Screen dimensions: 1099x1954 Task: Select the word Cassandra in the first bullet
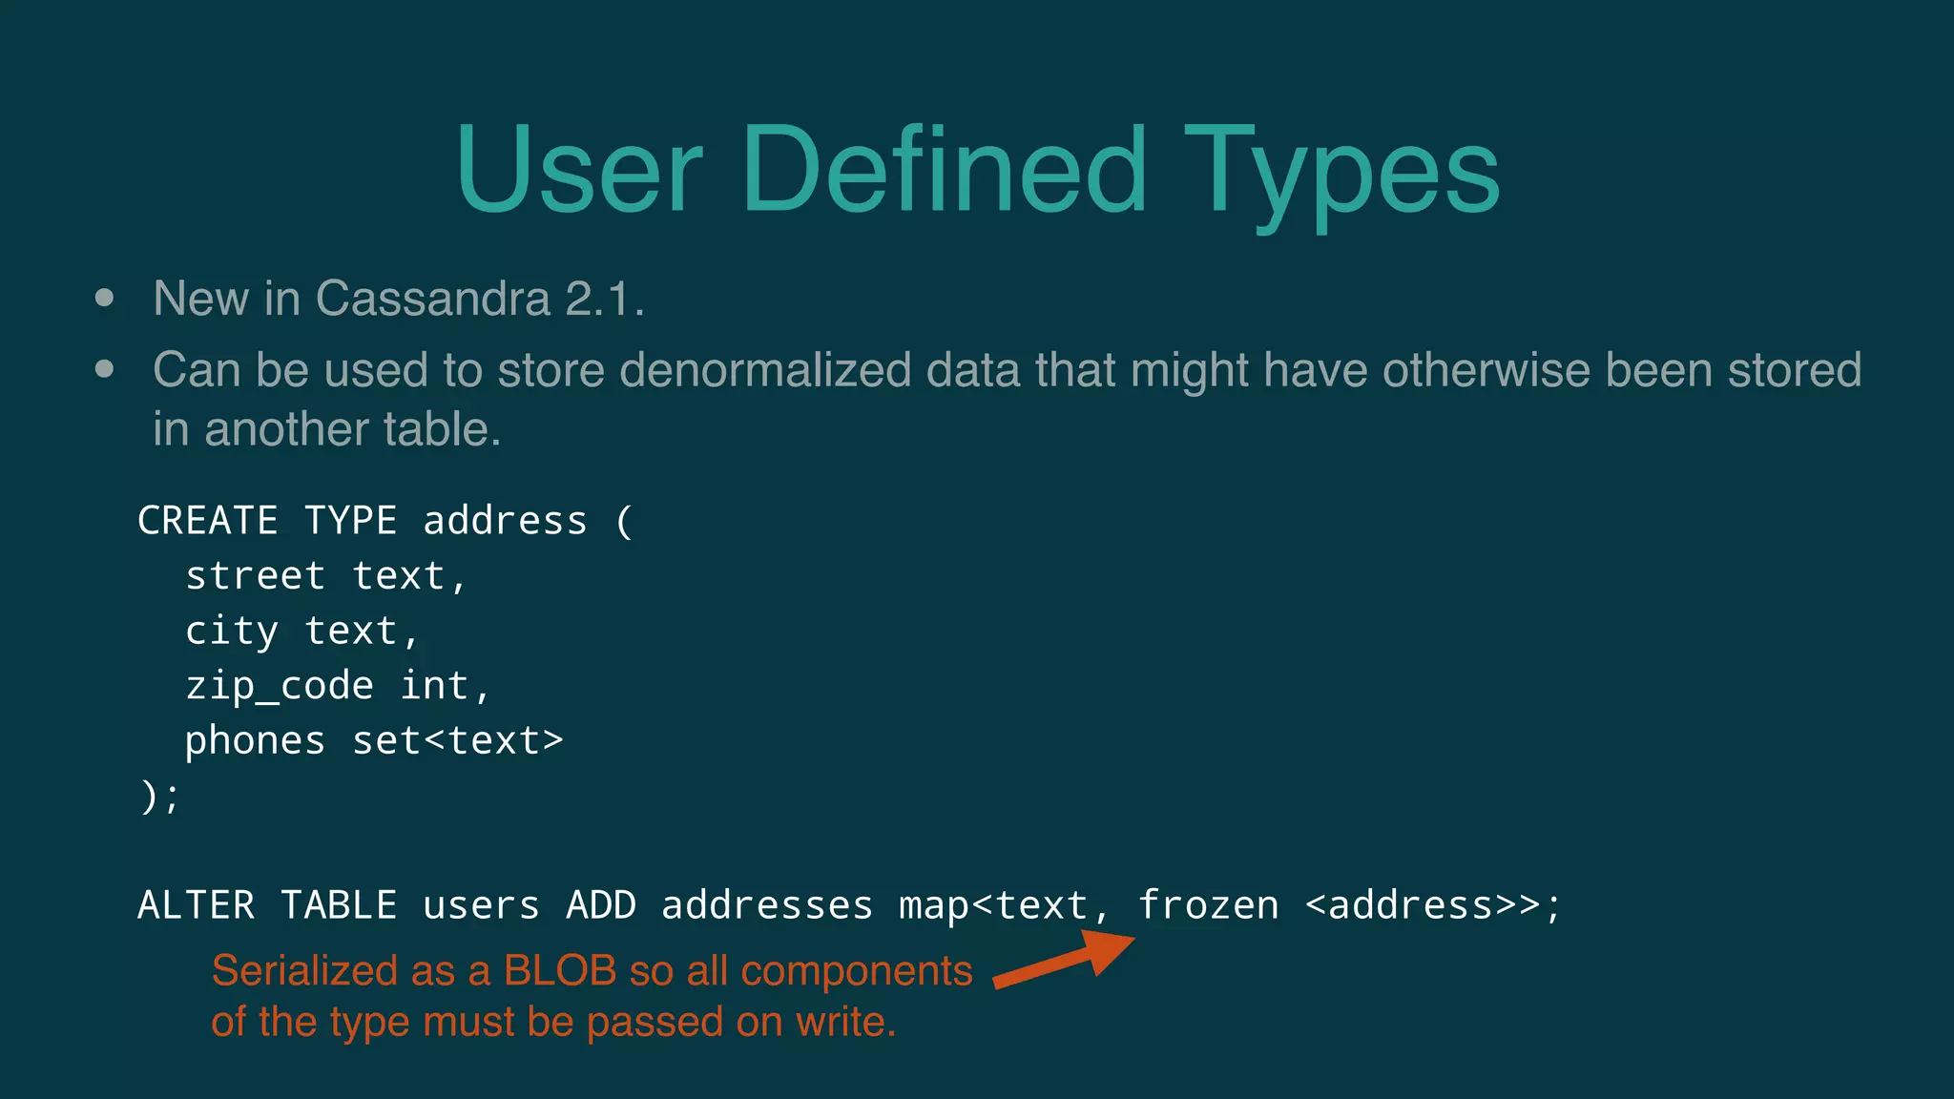point(433,299)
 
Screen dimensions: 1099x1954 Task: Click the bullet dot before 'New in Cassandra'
point(105,298)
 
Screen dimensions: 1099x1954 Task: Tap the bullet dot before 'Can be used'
point(105,369)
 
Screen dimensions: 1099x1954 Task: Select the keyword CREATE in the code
point(208,521)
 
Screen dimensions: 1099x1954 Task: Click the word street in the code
point(255,576)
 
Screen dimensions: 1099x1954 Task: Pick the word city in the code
point(232,632)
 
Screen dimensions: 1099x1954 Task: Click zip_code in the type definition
point(279,686)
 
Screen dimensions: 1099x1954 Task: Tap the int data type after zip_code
point(434,686)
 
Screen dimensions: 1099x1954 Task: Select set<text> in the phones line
point(458,741)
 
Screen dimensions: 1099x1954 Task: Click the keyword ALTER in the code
point(196,905)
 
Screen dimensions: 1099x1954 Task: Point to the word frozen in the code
point(1208,905)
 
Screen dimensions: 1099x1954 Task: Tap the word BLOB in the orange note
point(560,971)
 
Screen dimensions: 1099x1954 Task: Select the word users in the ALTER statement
point(481,905)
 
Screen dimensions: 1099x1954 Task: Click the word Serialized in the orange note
point(304,971)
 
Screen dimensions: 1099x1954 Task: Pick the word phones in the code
point(255,741)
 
